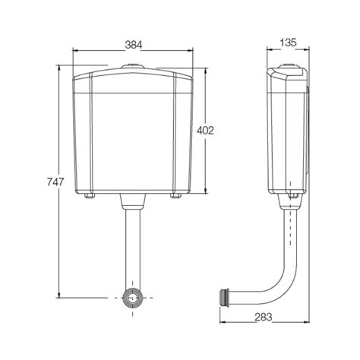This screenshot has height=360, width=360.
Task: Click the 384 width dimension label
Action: [x=133, y=45]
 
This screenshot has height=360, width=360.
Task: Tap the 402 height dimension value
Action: [x=205, y=130]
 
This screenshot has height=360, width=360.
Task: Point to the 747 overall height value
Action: [x=55, y=182]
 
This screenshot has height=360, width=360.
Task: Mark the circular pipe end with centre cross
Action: [x=133, y=297]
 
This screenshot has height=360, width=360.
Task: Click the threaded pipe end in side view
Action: [x=226, y=294]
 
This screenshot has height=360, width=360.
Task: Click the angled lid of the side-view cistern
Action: [x=286, y=73]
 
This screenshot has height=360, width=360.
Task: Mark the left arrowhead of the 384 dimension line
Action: [x=75, y=51]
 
